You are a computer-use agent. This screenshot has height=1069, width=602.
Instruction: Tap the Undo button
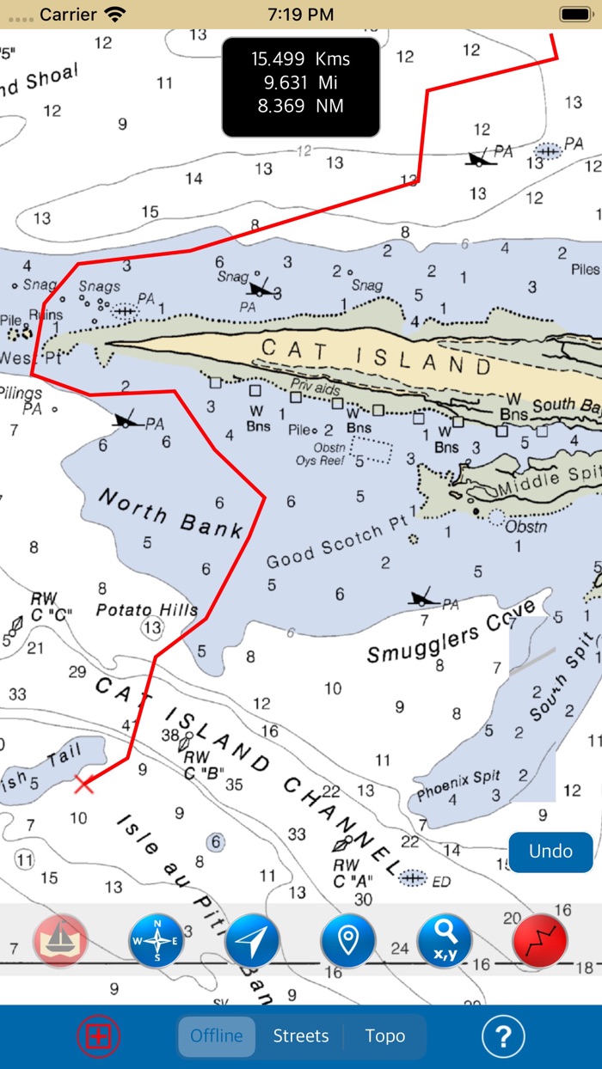[550, 851]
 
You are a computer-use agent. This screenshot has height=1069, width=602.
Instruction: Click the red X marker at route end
[83, 783]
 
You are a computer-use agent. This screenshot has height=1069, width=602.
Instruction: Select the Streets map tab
[301, 1035]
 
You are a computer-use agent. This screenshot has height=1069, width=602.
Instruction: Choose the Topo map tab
[384, 1035]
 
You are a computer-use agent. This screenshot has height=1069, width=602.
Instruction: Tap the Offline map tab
[217, 1035]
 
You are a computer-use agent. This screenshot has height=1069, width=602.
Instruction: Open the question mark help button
[503, 1036]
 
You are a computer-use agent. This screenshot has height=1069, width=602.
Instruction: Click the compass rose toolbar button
[157, 941]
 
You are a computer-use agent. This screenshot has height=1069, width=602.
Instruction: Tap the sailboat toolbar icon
[61, 941]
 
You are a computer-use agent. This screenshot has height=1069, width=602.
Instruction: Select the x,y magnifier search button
[445, 941]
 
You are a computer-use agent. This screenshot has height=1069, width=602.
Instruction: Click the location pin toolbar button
[347, 941]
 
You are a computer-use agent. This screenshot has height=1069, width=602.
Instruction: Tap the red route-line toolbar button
[540, 941]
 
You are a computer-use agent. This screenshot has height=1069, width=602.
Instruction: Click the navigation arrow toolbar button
[252, 941]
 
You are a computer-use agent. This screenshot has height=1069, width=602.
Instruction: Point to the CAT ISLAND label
[376, 357]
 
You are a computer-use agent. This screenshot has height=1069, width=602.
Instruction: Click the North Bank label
[169, 512]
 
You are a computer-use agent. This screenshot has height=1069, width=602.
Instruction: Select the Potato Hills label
[146, 609]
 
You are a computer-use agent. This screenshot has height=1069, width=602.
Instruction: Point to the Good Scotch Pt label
[336, 547]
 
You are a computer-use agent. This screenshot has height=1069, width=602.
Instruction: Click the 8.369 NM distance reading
[301, 107]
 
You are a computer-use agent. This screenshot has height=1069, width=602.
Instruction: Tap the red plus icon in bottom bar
[99, 1036]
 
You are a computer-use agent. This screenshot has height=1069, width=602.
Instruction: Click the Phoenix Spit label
[458, 785]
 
